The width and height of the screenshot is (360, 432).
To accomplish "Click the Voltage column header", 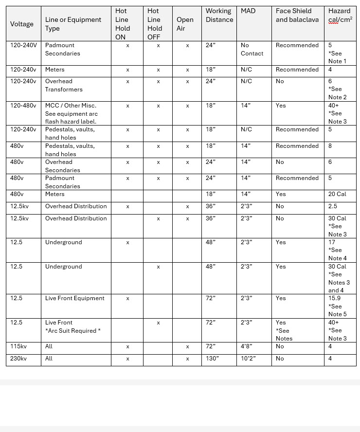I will point(22,24).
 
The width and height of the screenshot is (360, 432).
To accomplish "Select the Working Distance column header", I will point(219,15).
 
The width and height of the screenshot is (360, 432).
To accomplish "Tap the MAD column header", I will point(248,11).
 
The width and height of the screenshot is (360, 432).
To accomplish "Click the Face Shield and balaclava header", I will point(297,15).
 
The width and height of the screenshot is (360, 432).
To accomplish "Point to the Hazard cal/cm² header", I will point(340,15).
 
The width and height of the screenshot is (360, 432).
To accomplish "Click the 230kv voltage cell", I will point(18,359).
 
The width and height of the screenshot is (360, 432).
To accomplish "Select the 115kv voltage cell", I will point(18,346).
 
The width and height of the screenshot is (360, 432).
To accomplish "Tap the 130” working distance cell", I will point(213,359).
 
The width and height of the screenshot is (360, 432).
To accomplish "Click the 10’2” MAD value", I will point(248,359).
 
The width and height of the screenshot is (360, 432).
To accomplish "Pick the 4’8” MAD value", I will point(246,346).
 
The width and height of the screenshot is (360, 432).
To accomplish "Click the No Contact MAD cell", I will point(252,49).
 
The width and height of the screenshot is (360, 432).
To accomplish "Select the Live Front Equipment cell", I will point(74,298).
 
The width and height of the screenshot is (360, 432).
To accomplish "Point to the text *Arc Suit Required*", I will point(73,330).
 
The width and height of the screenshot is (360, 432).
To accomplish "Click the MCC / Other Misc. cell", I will point(71,106).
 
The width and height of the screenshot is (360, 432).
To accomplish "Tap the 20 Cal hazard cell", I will point(337,194).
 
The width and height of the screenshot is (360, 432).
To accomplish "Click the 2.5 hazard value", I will point(333,206).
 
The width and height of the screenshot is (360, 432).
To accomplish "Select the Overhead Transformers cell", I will point(64,85).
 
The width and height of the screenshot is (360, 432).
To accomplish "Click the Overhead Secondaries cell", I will point(62,166).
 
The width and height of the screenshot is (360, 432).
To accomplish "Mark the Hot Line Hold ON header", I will point(123,24).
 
